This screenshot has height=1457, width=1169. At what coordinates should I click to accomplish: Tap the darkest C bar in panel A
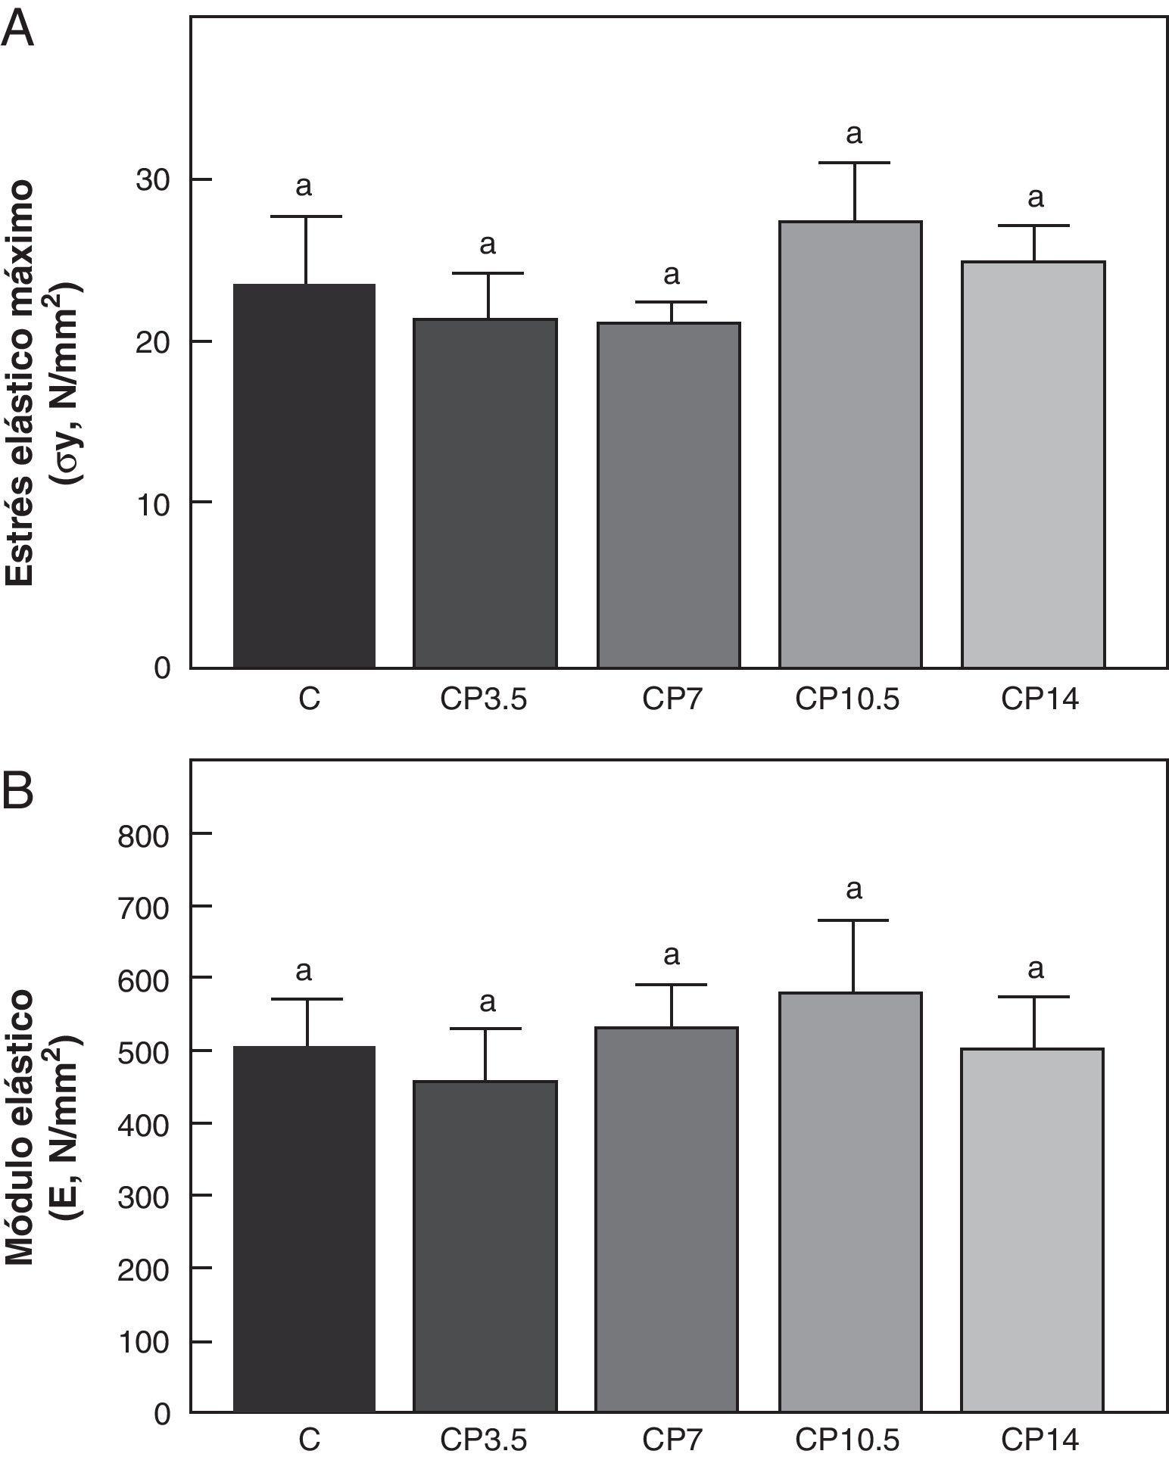[x=304, y=476]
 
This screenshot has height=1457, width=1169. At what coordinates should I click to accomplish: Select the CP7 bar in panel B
[x=668, y=1219]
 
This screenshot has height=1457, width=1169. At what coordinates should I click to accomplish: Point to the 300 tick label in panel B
[x=144, y=1196]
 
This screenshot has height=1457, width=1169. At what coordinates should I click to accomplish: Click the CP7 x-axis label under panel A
[x=672, y=699]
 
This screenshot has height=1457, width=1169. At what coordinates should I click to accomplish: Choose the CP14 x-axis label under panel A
[x=1039, y=699]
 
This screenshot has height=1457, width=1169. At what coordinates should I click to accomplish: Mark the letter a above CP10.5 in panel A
[x=853, y=135]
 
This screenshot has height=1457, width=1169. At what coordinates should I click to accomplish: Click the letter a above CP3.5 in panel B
[x=488, y=1002]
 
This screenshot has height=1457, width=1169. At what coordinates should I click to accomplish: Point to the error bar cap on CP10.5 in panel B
[x=854, y=920]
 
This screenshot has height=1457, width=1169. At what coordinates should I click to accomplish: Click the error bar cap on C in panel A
[x=307, y=216]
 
